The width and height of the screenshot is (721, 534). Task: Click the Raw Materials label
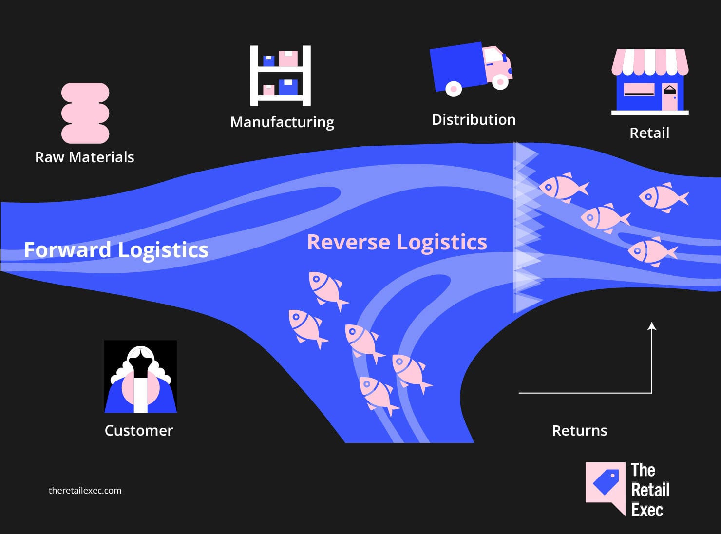(x=84, y=157)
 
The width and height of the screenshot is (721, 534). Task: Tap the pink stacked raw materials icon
(x=85, y=113)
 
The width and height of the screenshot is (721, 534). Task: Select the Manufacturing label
(x=282, y=122)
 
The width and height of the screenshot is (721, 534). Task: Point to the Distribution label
(x=474, y=119)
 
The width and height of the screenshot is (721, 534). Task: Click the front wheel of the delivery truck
(x=500, y=82)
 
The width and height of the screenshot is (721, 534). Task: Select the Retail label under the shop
(x=649, y=133)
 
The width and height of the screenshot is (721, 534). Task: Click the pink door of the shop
(x=670, y=96)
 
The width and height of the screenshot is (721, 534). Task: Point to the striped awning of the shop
(x=650, y=61)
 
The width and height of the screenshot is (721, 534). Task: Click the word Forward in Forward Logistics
(x=68, y=250)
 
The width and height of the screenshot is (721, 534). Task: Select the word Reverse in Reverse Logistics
(x=348, y=242)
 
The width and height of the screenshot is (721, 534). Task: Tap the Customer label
(x=139, y=430)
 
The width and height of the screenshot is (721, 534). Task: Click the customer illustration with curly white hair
(x=141, y=376)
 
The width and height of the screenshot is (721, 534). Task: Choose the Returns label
(x=580, y=430)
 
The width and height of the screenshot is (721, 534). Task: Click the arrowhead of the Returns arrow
(x=652, y=326)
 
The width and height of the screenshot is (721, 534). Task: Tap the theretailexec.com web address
(x=85, y=490)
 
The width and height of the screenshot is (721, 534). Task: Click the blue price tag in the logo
(x=606, y=481)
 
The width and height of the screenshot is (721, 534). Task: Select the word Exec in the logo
(x=647, y=510)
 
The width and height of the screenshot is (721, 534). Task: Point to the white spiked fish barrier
(x=526, y=227)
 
